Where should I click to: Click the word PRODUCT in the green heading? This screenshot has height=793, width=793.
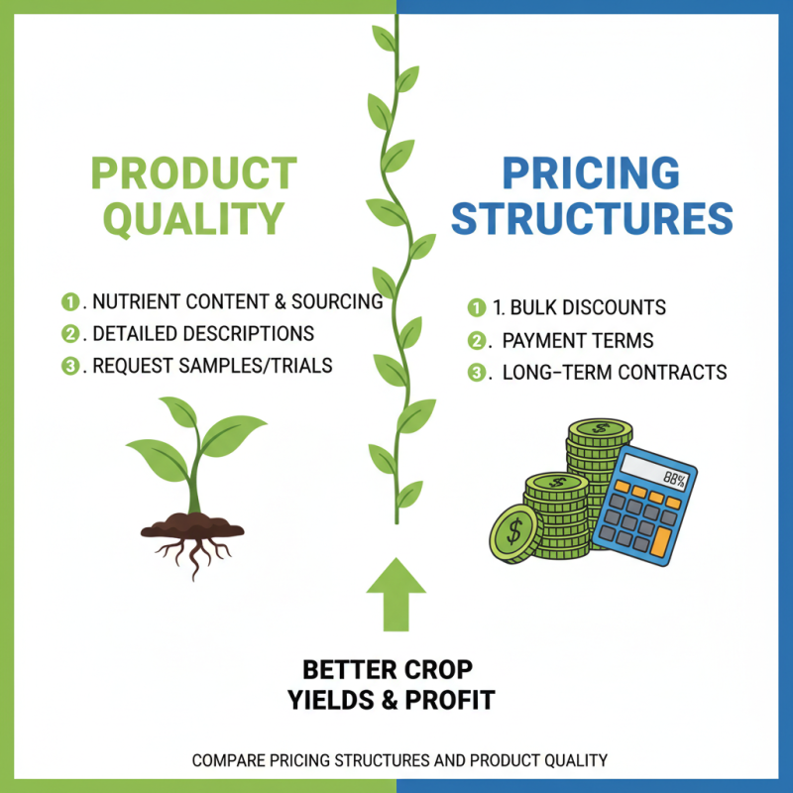pyautogui.click(x=193, y=173)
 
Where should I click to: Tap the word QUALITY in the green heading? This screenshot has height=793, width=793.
pyautogui.click(x=194, y=218)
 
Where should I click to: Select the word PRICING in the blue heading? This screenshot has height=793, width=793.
pyautogui.click(x=591, y=173)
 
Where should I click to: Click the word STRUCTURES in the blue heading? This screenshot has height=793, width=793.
pyautogui.click(x=593, y=218)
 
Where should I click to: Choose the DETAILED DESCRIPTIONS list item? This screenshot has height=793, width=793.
pyautogui.click(x=203, y=333)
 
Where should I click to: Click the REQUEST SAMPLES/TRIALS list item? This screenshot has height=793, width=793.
pyautogui.click(x=212, y=365)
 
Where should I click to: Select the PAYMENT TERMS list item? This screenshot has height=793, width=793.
pyautogui.click(x=578, y=340)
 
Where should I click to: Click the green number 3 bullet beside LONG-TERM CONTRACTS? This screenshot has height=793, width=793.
pyautogui.click(x=476, y=373)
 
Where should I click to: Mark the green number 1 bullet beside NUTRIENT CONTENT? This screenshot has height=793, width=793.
pyautogui.click(x=69, y=301)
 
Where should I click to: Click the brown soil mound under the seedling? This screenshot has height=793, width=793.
pyautogui.click(x=192, y=523)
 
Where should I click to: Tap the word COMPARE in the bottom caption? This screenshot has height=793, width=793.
pyautogui.click(x=230, y=761)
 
